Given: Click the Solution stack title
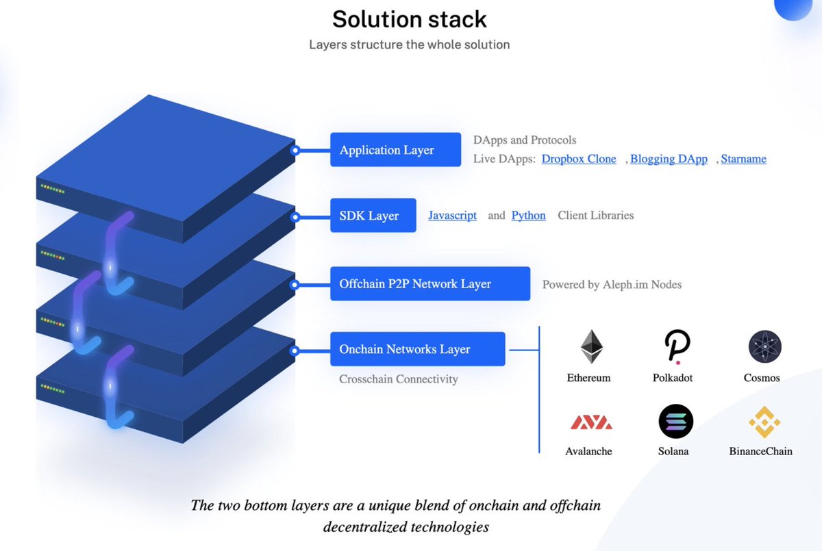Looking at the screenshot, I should pos(410,18).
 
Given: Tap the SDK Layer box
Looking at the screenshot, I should pos(373,216).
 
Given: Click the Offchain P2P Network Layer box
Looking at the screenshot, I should pos(429,283).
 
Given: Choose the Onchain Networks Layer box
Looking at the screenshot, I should pos(417,349).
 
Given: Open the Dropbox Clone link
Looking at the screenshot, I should pos(579,159).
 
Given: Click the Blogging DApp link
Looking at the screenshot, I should pos(669,159).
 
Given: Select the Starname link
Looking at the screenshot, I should pos(744,159).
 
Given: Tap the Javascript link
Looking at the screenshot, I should pos(452,216).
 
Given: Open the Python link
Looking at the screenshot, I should pos(528,216).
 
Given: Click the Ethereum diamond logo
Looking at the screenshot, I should pos(591,347).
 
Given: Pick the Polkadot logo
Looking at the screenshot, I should pos(677,347).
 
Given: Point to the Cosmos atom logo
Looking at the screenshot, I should pos(764,347).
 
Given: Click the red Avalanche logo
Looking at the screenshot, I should pos(590,422).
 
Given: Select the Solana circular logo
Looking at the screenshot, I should pos(675,422).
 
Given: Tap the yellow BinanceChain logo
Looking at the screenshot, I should pos(764,422).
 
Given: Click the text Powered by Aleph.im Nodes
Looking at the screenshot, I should pos(612,284).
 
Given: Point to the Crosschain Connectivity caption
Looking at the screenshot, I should pos(398,379).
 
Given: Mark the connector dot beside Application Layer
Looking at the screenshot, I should pos(295,150).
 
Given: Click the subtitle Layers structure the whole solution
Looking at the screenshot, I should pos(409,44).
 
